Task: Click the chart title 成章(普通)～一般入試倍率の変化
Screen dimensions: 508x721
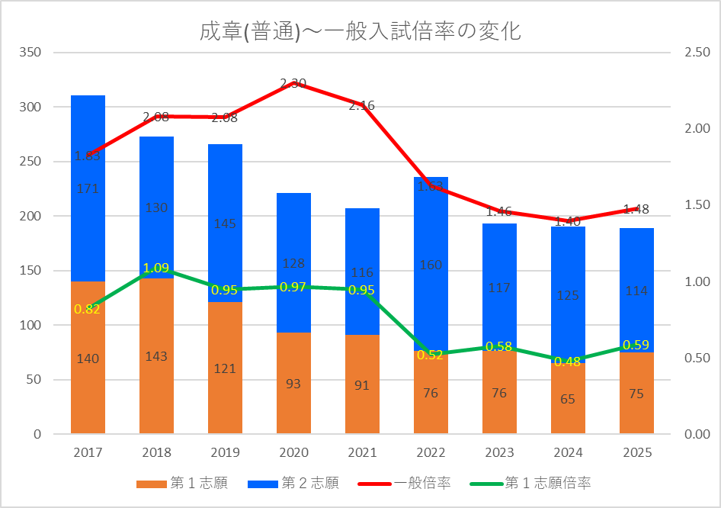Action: pos(360,31)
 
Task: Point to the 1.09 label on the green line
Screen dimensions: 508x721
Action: pos(156,268)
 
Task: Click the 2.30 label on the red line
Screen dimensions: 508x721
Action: pos(293,83)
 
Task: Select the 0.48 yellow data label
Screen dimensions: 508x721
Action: pos(568,362)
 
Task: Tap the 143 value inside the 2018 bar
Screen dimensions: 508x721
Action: pos(156,356)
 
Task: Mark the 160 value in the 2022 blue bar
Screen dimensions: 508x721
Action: pos(431,265)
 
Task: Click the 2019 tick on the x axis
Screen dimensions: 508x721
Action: pos(225,453)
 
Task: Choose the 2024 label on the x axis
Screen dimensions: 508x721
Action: pos(568,453)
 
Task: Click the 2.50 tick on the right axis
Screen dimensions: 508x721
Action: pos(697,53)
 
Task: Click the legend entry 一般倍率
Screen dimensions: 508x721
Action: pos(423,483)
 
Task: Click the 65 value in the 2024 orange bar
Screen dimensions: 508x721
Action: pos(568,398)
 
